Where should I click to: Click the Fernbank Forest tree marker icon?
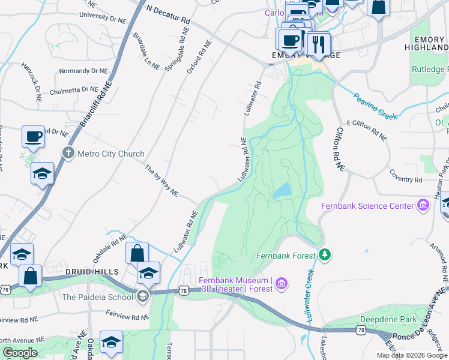point(325,255)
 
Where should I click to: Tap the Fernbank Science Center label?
point(367,206)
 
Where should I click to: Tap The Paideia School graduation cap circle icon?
point(142,295)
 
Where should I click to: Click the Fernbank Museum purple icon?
point(282,283)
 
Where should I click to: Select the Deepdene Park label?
point(388,319)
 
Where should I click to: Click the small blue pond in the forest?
point(282,191)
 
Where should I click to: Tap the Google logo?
point(19,353)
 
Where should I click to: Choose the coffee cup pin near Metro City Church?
point(33,136)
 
